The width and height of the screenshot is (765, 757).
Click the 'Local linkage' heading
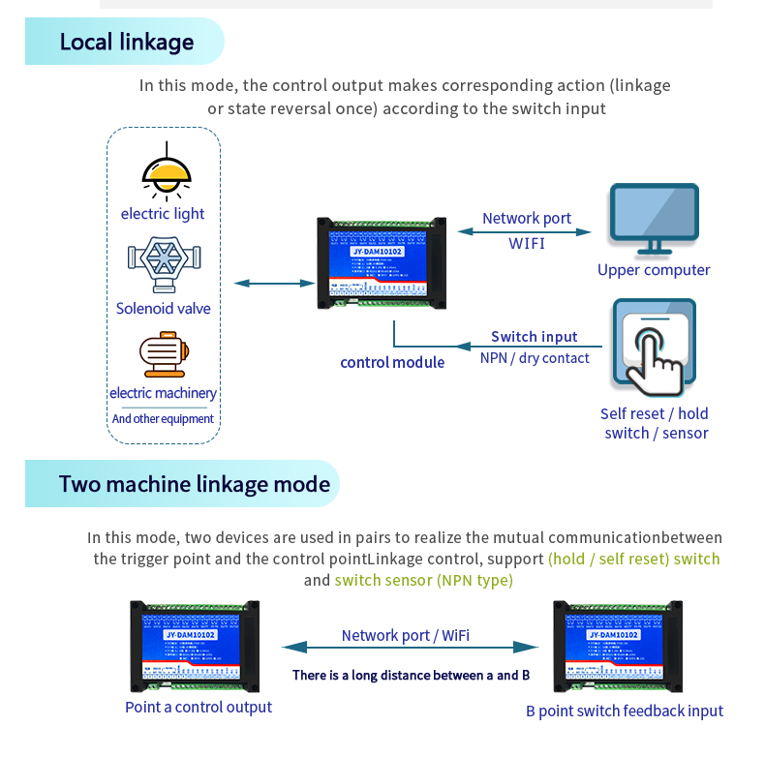(x=127, y=42)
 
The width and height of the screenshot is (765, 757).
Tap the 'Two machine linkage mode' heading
(x=194, y=483)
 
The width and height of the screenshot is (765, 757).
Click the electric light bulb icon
(x=165, y=173)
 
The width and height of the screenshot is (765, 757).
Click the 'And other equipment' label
(x=163, y=419)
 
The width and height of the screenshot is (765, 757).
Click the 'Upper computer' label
(x=654, y=270)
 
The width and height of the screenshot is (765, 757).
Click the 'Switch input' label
(x=534, y=337)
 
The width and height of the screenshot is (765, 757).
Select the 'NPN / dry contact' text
(x=535, y=358)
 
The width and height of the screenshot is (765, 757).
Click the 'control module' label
(x=392, y=362)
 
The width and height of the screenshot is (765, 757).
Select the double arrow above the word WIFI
(x=524, y=231)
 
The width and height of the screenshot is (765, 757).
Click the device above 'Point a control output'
(x=197, y=647)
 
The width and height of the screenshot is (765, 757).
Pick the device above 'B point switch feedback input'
(x=617, y=647)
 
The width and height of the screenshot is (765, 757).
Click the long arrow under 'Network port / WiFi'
(x=410, y=647)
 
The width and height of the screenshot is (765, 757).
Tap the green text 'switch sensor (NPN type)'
(x=423, y=581)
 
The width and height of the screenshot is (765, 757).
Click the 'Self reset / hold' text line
(x=654, y=413)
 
